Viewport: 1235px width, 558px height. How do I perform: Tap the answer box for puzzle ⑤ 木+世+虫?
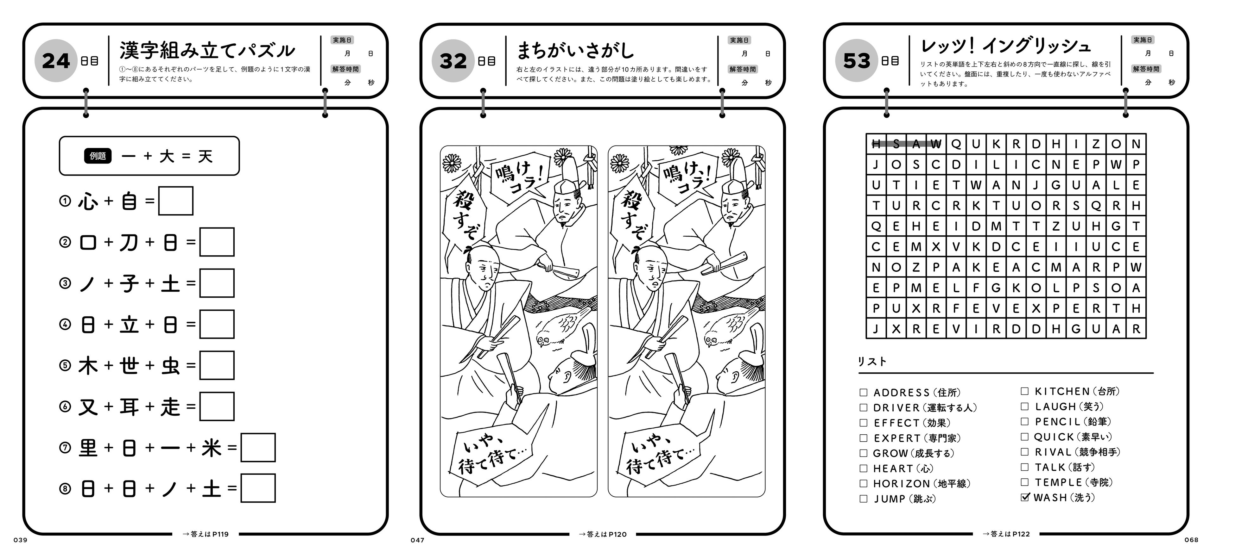click(217, 365)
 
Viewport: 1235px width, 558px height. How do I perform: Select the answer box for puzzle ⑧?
click(258, 488)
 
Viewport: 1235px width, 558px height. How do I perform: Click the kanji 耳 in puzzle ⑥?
click(129, 407)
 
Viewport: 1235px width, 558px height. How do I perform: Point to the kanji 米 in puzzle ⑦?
click(212, 448)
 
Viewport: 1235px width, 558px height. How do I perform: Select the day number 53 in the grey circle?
click(857, 61)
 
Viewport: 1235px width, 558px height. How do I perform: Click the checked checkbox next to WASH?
click(1024, 497)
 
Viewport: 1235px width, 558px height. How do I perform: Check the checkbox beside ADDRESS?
click(864, 393)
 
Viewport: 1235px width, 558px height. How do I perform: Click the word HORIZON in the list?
click(901, 484)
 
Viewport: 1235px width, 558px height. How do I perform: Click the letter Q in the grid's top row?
click(956, 144)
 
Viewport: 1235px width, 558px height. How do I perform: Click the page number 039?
click(21, 540)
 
